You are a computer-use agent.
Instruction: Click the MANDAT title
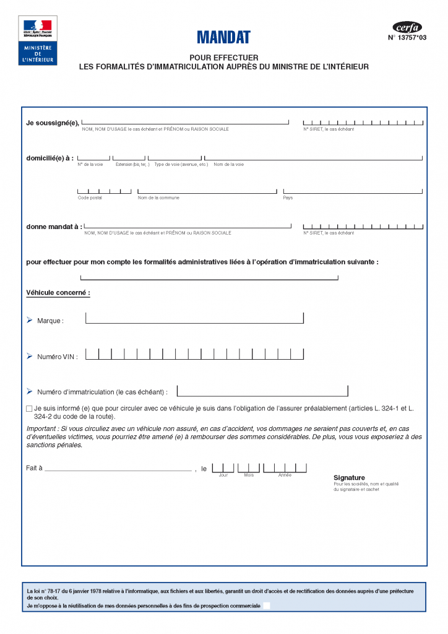pos(223,37)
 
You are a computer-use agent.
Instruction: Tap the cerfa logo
pos(407,27)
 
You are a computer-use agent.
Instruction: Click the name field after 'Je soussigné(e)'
pos(185,121)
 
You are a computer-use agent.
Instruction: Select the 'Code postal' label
pos(90,198)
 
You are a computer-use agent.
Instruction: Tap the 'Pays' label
pos(288,198)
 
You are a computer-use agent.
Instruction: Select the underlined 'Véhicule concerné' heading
pos(58,292)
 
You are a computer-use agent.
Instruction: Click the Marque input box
pos(194,318)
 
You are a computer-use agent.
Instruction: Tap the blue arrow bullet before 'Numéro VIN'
pos(29,356)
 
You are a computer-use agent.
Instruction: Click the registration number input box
pos(262,391)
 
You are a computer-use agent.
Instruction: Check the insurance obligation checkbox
pos(29,409)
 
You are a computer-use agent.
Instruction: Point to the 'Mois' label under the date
pos(249,475)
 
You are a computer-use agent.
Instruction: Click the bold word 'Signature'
pos(349,477)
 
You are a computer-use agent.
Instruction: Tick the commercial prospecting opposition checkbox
pos(267,606)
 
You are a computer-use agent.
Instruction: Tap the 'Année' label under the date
pos(285,475)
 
